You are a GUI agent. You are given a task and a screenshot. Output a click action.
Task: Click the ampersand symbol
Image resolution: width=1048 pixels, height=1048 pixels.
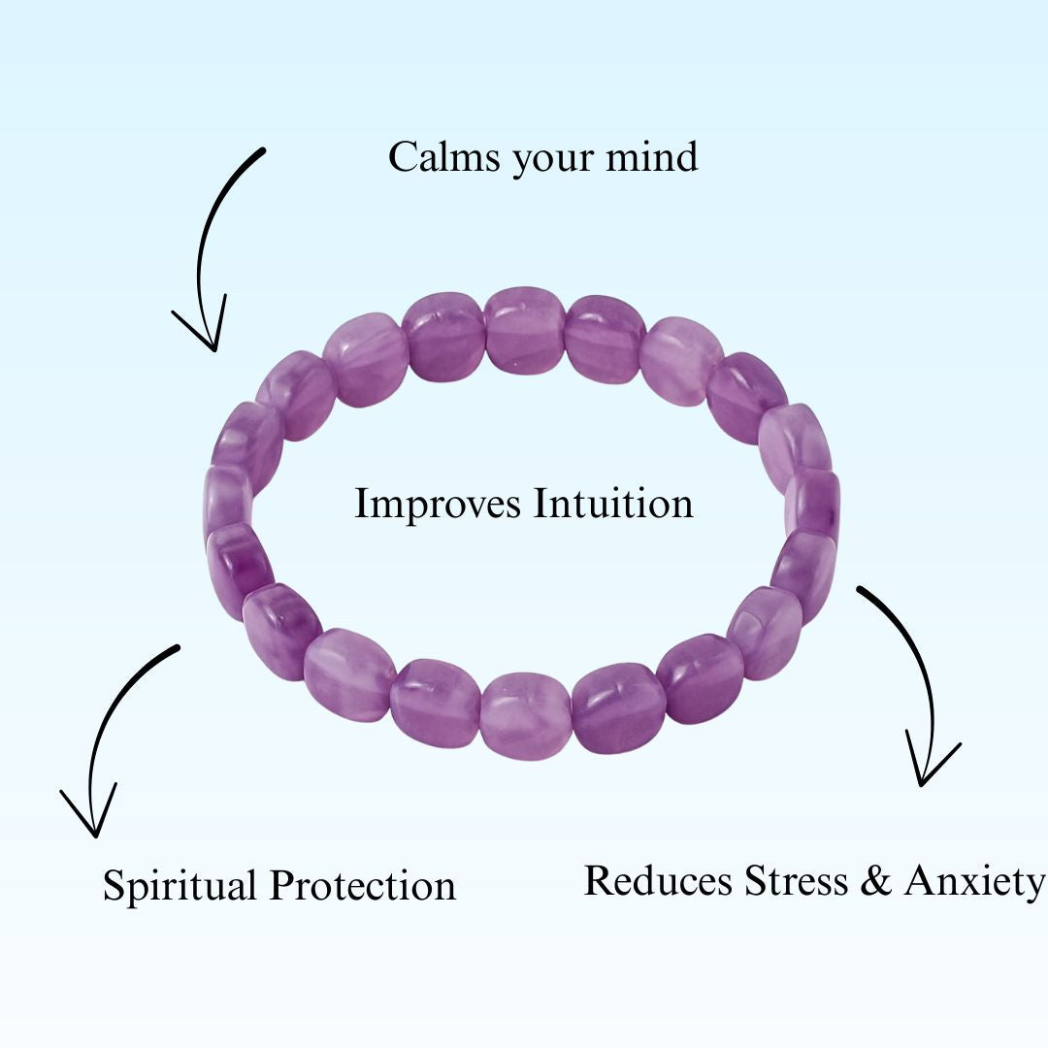877,881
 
